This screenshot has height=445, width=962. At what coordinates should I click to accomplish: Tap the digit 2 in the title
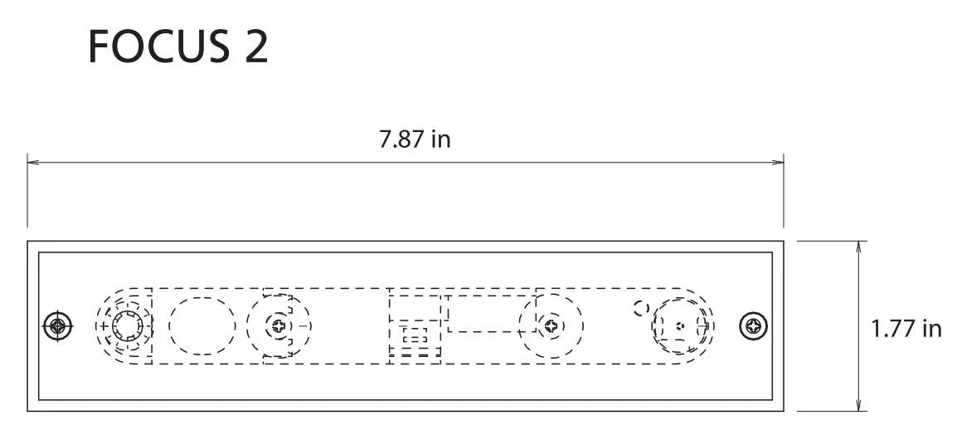[x=257, y=46]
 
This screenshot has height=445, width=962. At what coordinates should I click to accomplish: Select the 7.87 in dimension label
[x=415, y=139]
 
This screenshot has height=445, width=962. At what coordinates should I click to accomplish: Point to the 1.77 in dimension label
[x=906, y=329]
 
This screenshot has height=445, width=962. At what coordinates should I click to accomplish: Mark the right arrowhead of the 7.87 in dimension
[x=777, y=162]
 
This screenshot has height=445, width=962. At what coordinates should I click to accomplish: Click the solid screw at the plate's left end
[x=58, y=325]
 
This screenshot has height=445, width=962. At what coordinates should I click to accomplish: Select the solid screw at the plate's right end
[x=753, y=325]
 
